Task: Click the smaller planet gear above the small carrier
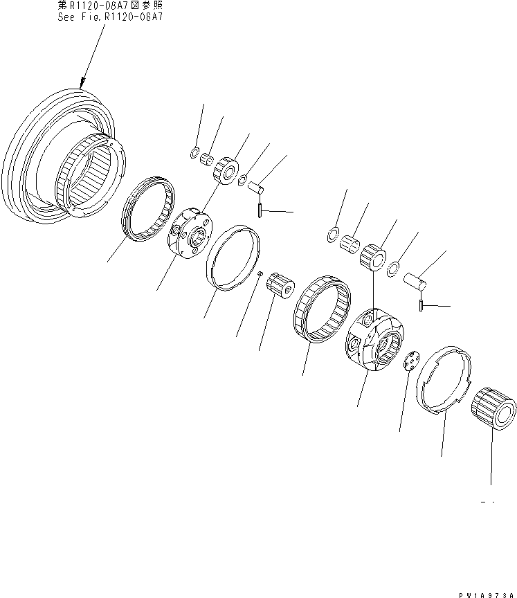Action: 226,169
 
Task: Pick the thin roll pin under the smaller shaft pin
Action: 259,209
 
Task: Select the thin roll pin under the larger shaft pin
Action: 420,305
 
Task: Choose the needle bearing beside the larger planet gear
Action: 351,246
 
